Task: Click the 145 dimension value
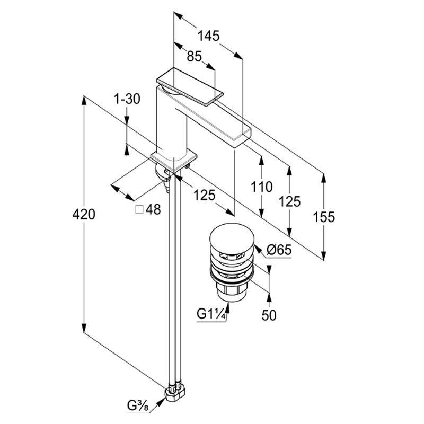pos(208,36)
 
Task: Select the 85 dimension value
pos(195,57)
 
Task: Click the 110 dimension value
pos(261,187)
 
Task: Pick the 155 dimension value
pos(324,217)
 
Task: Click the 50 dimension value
pos(269,315)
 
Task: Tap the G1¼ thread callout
pos(212,314)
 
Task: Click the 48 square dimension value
pos(153,210)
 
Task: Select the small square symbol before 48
pos(139,210)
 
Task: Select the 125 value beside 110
pos(289,201)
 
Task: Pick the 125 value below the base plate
pos(204,195)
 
